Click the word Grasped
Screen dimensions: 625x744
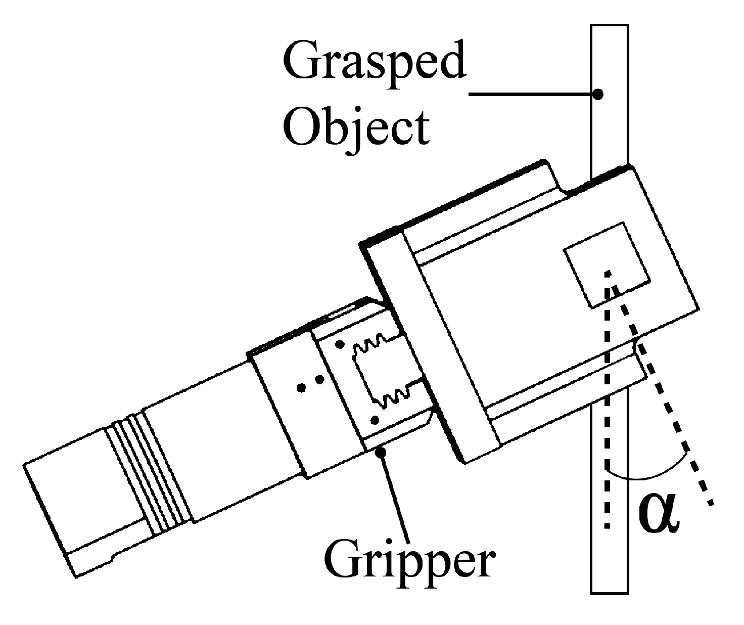(375, 62)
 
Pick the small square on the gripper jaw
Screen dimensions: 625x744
(607, 264)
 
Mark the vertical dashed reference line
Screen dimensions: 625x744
(608, 405)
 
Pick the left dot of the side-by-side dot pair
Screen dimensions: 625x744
(302, 388)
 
